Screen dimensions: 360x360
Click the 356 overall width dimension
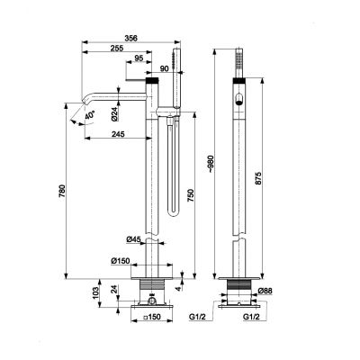point(131,38)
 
